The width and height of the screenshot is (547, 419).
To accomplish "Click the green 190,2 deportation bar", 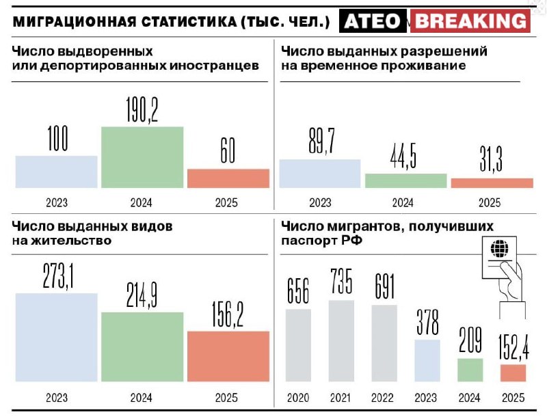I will (142, 157).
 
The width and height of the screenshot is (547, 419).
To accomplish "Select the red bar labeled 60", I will (228, 178).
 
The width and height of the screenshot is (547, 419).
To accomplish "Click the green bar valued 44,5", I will (406, 180).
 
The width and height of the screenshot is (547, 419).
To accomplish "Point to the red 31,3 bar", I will (492, 183).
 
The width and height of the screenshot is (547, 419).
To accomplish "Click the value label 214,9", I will (142, 293).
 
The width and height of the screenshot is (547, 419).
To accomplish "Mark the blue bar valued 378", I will (427, 360).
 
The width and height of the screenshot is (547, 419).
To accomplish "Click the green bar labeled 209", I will (470, 370).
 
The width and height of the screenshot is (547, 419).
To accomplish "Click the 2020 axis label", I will (298, 397).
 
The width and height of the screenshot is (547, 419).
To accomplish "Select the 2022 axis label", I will (384, 397).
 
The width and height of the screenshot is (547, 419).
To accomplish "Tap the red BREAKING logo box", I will (471, 21).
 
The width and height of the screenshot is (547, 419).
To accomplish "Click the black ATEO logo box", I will (371, 21).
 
